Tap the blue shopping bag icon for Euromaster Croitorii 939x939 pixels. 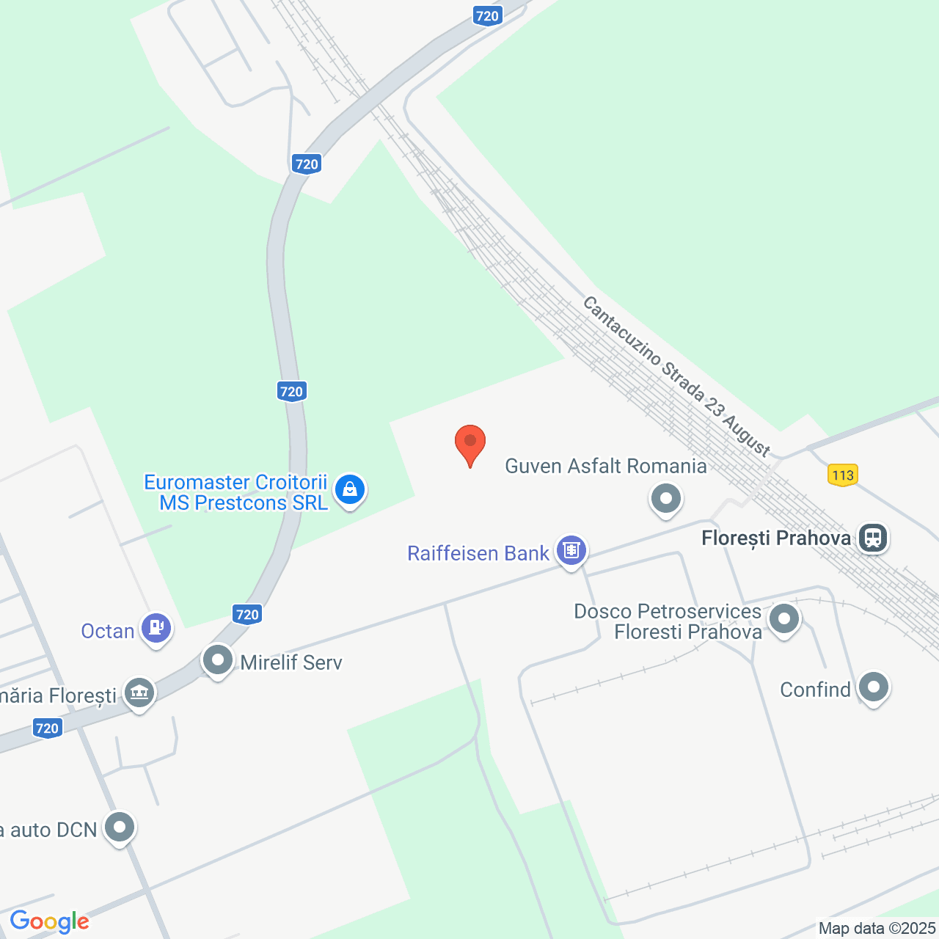pyautogui.click(x=350, y=489)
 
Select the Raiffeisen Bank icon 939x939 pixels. pyautogui.click(x=571, y=549)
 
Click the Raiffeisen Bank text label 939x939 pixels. pyautogui.click(x=478, y=553)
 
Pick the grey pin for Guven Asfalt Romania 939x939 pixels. pyautogui.click(x=666, y=499)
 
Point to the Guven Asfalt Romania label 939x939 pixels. pyautogui.click(x=606, y=466)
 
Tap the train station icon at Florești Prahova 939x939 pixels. pyautogui.click(x=872, y=538)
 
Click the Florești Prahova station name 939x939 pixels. pyautogui.click(x=776, y=538)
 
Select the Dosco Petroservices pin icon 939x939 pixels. pyautogui.click(x=784, y=619)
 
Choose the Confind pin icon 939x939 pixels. pyautogui.click(x=873, y=688)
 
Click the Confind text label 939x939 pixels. pyautogui.click(x=815, y=690)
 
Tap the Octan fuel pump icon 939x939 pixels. pyautogui.click(x=156, y=628)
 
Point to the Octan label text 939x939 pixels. pyautogui.click(x=108, y=631)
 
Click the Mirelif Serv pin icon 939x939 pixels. pyautogui.click(x=218, y=660)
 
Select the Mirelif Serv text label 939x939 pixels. pyautogui.click(x=291, y=662)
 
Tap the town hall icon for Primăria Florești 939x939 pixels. pyautogui.click(x=139, y=692)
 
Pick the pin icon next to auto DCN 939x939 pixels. pyautogui.click(x=120, y=827)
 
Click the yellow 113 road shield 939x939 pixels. pyautogui.click(x=843, y=475)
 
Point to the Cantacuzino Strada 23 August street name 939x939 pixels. pyautogui.click(x=676, y=376)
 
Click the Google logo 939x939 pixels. pyautogui.click(x=49, y=921)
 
